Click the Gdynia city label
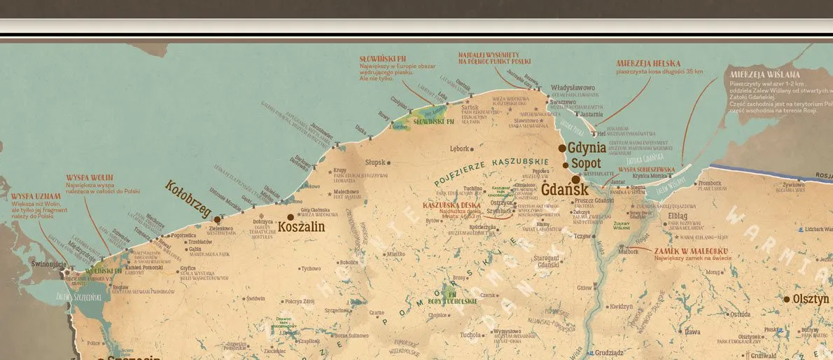(587, 148)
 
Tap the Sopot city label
(587, 164)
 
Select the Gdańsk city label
(564, 188)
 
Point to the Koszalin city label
(302, 227)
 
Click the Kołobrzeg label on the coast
(188, 198)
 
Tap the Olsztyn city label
(811, 299)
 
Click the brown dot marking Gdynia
(562, 148)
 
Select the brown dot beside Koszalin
(290, 217)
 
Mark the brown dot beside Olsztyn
(786, 298)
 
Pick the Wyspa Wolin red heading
(90, 178)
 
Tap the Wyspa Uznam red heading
(33, 195)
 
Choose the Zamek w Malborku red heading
(691, 251)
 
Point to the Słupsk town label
(376, 162)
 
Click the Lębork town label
(459, 148)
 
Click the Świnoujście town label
(48, 265)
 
